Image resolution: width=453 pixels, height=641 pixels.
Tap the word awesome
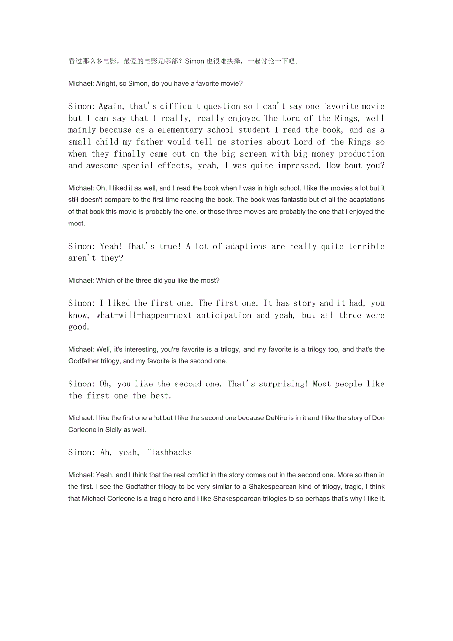[x=106, y=166]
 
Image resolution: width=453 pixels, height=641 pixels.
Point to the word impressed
[x=299, y=166]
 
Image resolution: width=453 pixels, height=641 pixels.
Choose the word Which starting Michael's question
[x=105, y=280]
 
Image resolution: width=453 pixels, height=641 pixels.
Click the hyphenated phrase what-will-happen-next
[x=143, y=315]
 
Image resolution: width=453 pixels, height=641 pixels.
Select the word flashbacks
[x=170, y=453]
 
